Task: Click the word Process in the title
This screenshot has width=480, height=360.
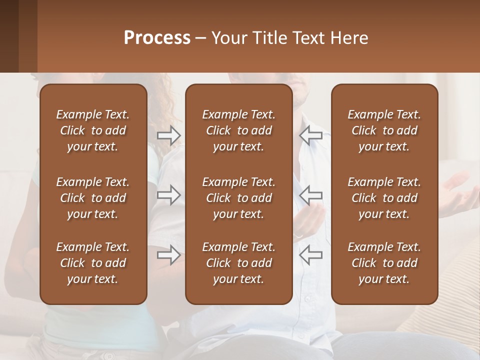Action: tap(157, 38)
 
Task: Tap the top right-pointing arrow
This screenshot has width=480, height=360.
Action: tap(168, 135)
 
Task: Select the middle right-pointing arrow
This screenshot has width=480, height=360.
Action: tap(168, 195)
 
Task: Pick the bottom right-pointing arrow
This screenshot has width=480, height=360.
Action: tap(168, 255)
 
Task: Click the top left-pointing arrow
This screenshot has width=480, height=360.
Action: tap(310, 135)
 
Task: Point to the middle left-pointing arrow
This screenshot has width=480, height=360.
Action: tap(310, 195)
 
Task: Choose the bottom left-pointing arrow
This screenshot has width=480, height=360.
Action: tap(310, 255)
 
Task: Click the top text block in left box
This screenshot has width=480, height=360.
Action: tap(93, 130)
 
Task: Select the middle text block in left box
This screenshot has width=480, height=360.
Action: tap(93, 198)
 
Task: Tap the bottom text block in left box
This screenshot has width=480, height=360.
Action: tap(93, 263)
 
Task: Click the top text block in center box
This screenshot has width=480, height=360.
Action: tap(238, 130)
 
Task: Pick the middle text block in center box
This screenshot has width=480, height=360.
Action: tap(238, 198)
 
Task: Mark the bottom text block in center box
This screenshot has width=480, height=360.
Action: tap(238, 263)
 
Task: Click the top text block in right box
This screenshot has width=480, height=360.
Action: tap(384, 130)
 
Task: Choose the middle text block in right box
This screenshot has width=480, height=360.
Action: tap(384, 198)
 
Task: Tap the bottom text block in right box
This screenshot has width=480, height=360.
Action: tap(384, 263)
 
